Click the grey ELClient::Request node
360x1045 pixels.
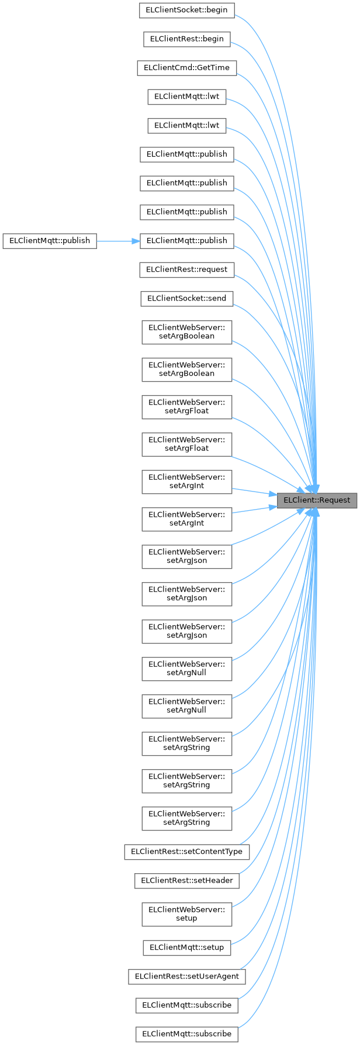click(317, 500)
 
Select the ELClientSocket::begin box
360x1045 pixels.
click(187, 10)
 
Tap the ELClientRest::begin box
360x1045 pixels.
click(187, 39)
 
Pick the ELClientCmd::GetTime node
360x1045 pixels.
click(187, 68)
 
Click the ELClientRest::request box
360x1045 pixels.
click(187, 269)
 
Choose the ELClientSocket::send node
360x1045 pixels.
click(187, 299)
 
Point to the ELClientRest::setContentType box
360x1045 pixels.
click(187, 852)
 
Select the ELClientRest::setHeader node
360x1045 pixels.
click(187, 881)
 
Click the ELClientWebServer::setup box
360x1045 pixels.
click(187, 913)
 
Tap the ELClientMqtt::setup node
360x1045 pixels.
click(187, 947)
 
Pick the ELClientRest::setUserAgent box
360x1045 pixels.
click(187, 976)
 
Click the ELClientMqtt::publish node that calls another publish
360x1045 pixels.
click(50, 241)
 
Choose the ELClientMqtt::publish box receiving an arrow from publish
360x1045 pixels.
click(187, 241)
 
